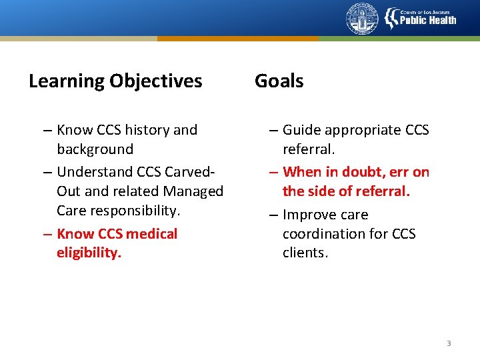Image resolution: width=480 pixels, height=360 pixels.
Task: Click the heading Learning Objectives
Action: pos(115,81)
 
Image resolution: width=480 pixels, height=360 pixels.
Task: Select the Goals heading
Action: pos(279,81)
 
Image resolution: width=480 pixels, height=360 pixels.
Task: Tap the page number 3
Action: pos(449,343)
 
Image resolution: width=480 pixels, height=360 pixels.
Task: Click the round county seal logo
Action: pos(362,19)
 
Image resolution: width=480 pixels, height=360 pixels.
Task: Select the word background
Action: pos(95,149)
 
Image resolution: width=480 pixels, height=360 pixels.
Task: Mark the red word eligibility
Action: pos(89,253)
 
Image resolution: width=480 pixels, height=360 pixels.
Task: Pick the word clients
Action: pos(305,253)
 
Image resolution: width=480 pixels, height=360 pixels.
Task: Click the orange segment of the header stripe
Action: pos(238,39)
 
